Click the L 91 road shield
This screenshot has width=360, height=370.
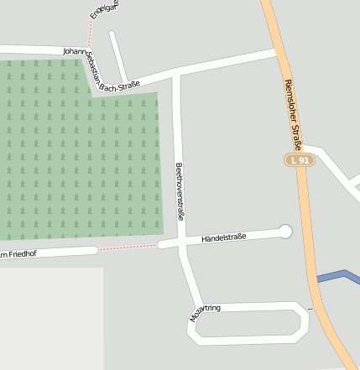[x=297, y=160]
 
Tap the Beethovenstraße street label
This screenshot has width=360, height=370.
[x=180, y=191]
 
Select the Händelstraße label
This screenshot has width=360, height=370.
[x=223, y=238]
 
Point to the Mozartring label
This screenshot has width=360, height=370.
[x=205, y=313]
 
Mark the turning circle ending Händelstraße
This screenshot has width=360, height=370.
[x=285, y=232]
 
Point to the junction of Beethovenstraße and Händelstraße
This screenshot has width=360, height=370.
[x=182, y=243]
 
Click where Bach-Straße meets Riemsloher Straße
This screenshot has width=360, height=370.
[x=275, y=55]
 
